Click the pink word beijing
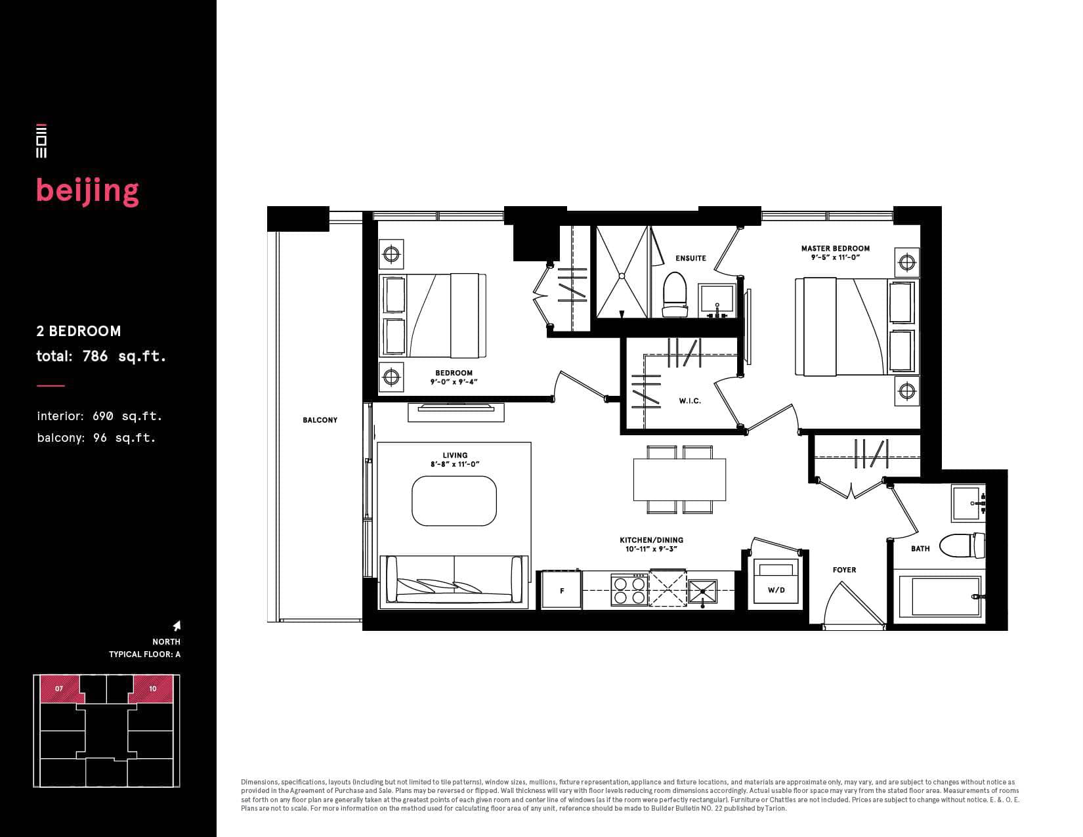pyautogui.click(x=87, y=192)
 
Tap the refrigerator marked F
pyautogui.click(x=562, y=590)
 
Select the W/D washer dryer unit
pyautogui.click(x=776, y=583)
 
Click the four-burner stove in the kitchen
pyautogui.click(x=629, y=590)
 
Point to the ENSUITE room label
pyautogui.click(x=690, y=258)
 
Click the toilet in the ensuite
pyautogui.click(x=675, y=295)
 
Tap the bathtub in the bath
pyautogui.click(x=939, y=596)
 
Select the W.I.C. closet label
pyautogui.click(x=690, y=401)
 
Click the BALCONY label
pyautogui.click(x=320, y=420)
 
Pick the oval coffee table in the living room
pyautogui.click(x=454, y=501)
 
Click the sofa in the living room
pyautogui.click(x=454, y=582)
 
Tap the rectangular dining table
pyautogui.click(x=679, y=480)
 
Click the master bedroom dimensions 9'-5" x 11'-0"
pyautogui.click(x=836, y=258)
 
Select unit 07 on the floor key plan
pyautogui.click(x=59, y=689)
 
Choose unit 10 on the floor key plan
pyautogui.click(x=152, y=689)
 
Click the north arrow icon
pyautogui.click(x=177, y=626)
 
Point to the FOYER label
pyautogui.click(x=844, y=570)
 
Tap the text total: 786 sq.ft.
pyautogui.click(x=101, y=356)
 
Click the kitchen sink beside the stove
pyautogui.click(x=703, y=591)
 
